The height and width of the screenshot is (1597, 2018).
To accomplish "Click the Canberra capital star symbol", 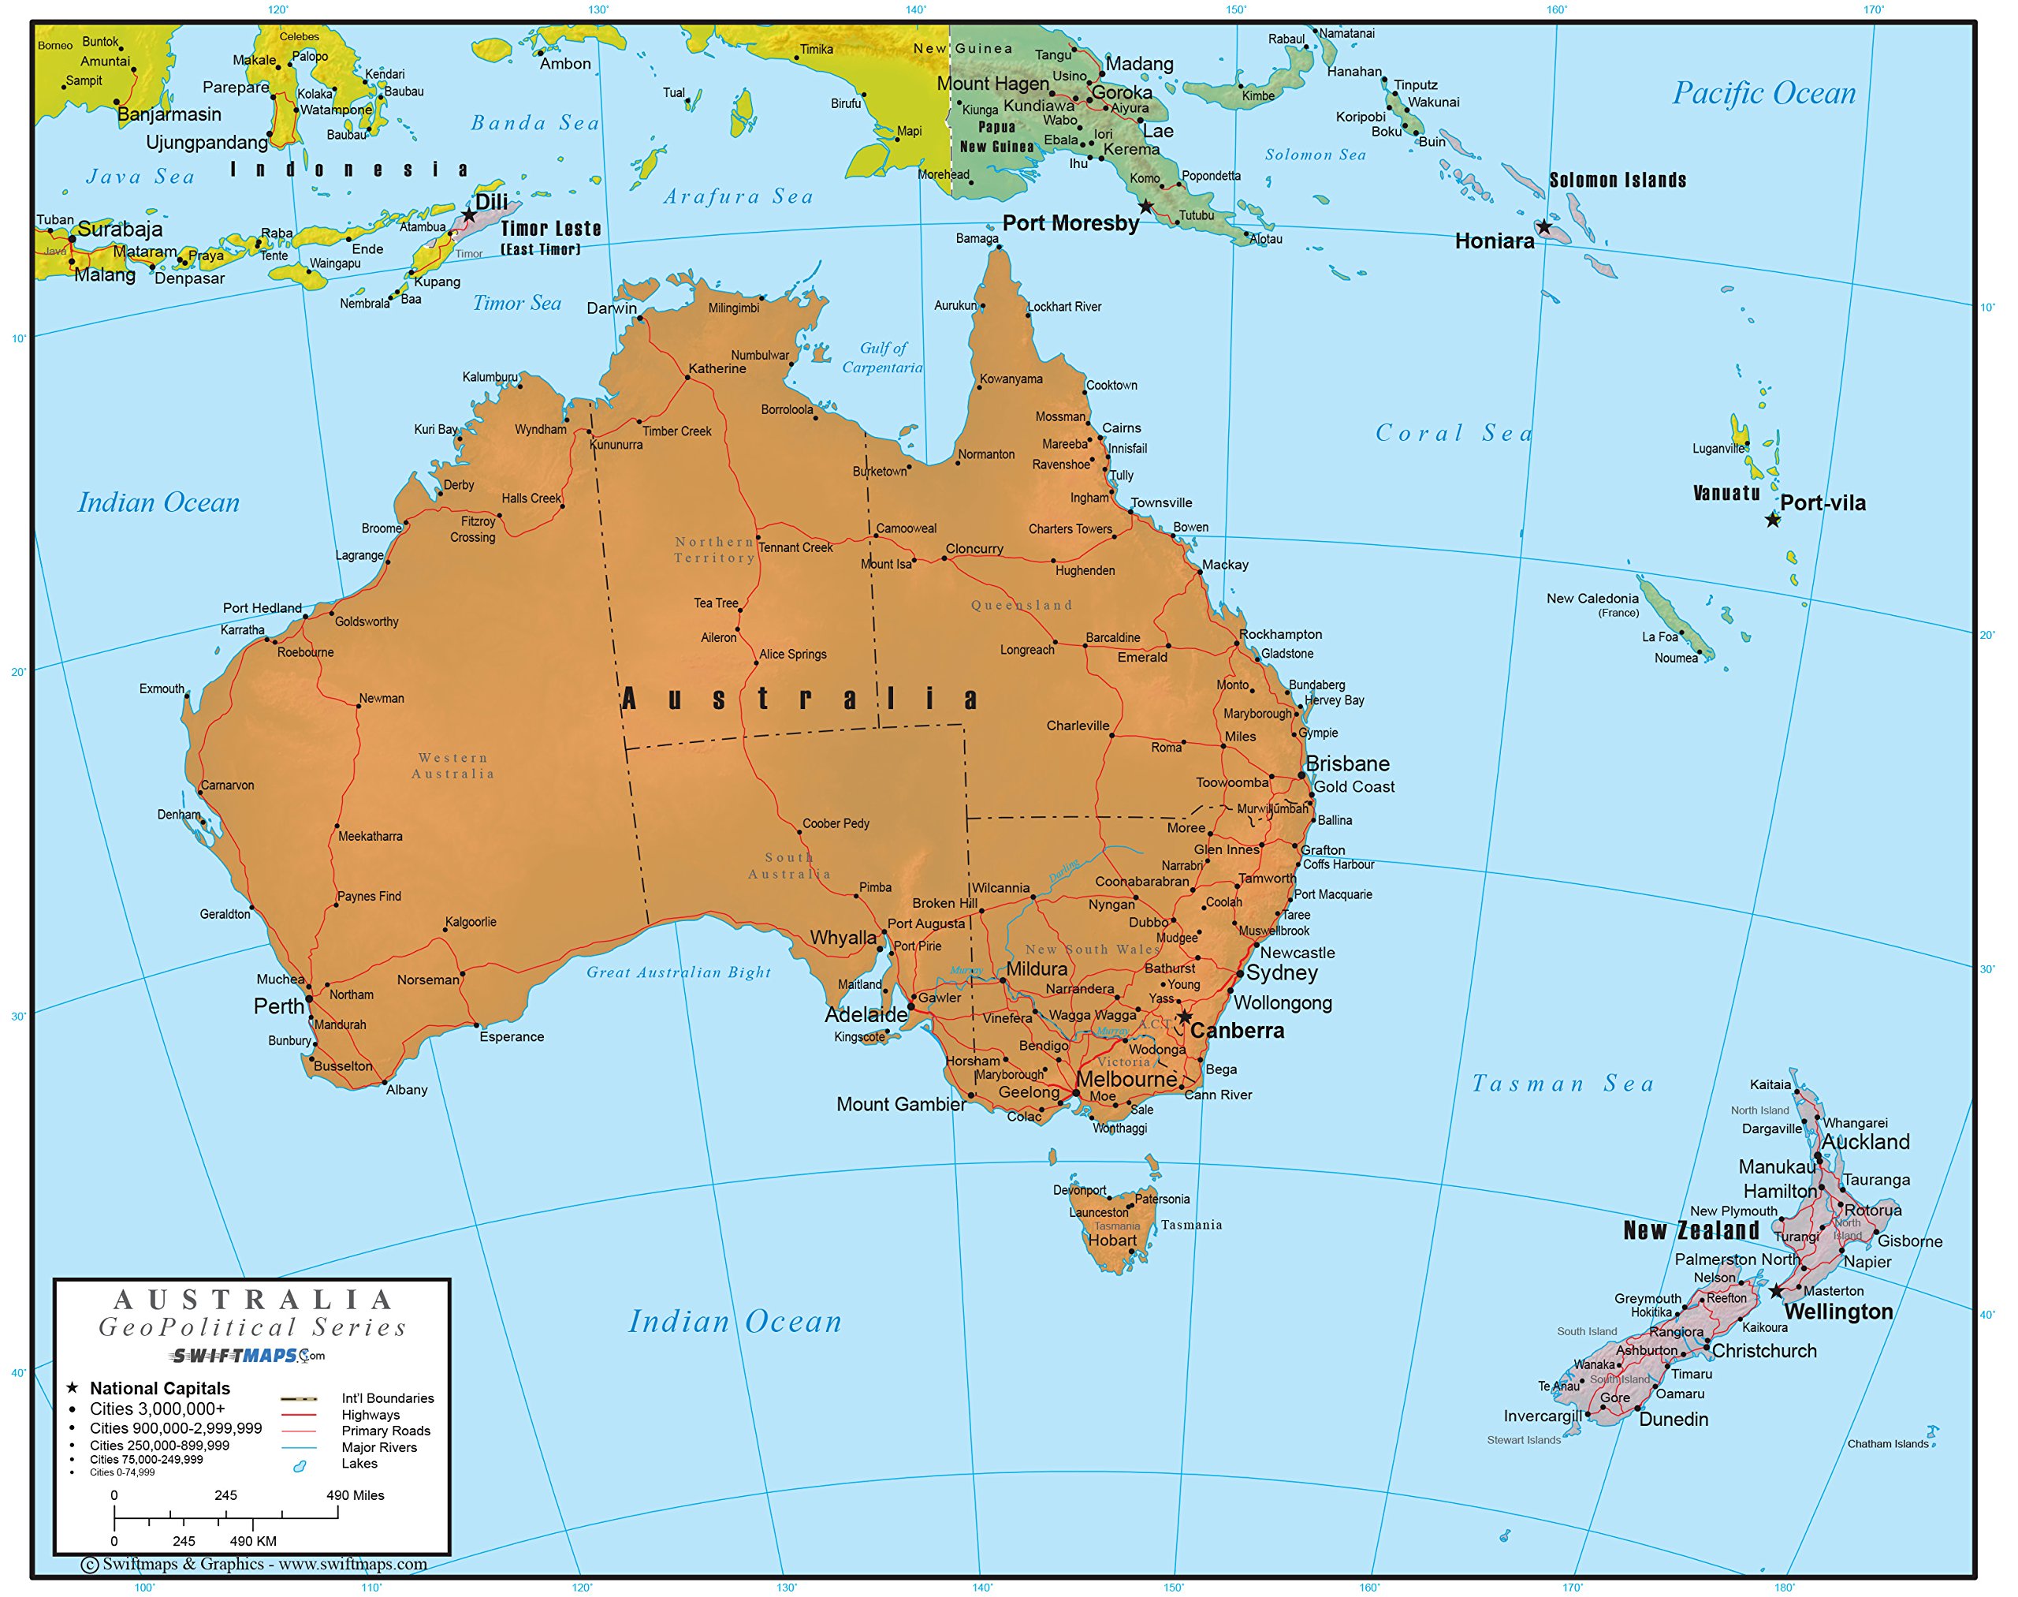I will [1184, 1017].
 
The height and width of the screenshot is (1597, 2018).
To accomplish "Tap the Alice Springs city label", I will [793, 655].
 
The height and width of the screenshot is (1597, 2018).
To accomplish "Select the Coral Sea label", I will [1454, 433].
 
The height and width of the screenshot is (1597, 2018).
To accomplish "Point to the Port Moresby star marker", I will [1146, 207].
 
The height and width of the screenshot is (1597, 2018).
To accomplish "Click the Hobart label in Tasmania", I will [1112, 1241].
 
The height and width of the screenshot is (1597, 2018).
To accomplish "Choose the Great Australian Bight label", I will [679, 972].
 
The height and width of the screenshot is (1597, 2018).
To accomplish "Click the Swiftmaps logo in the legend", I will [247, 1355].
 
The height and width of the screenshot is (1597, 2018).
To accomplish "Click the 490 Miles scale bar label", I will [356, 1495].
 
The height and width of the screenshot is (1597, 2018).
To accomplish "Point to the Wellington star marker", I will [1776, 1291].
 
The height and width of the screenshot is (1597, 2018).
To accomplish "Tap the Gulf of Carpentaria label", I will [882, 357].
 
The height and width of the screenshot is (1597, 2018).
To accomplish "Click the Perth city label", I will [278, 1006].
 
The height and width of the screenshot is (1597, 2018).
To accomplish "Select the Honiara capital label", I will [1495, 241].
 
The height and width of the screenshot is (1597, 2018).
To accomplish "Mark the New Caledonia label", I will [1592, 599].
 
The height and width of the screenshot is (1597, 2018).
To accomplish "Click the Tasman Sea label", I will [1564, 1084].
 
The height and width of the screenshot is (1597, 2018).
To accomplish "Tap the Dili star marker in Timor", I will [468, 215].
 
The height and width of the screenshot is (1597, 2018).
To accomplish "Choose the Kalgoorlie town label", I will [470, 922].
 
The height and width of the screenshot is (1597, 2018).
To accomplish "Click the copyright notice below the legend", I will [255, 1565].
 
